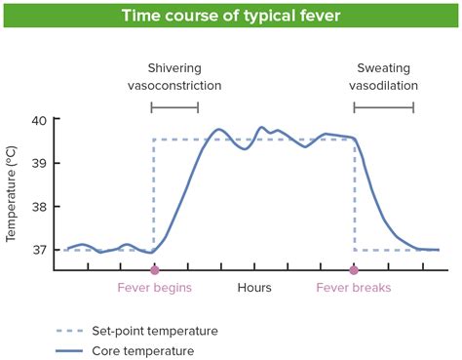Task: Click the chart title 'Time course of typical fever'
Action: click(230, 16)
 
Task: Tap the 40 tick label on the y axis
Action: click(38, 120)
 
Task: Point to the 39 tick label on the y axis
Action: click(38, 163)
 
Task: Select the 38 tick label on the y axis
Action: click(38, 207)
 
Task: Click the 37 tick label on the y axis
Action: click(38, 250)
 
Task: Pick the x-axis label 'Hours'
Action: click(254, 288)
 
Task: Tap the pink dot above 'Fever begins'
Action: click(154, 269)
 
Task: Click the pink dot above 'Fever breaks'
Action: click(354, 269)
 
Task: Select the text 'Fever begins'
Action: click(154, 288)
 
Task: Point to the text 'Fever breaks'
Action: click(354, 288)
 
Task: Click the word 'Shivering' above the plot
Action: click(175, 68)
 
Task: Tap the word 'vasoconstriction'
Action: click(175, 86)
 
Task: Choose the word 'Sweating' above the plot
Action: click(381, 68)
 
